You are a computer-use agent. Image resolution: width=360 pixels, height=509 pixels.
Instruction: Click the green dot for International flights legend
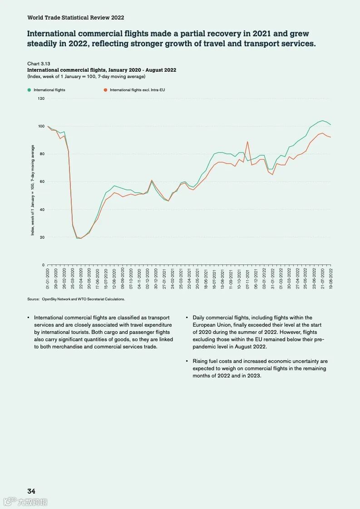[x=29, y=90]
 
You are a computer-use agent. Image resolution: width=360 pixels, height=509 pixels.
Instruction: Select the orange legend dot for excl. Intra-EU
[x=105, y=90]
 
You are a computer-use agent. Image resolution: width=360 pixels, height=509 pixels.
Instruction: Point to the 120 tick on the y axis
[x=41, y=98]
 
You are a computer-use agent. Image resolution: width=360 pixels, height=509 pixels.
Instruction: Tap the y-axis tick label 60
[x=42, y=182]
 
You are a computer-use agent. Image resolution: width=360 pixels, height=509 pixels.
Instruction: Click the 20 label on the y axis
[x=42, y=237]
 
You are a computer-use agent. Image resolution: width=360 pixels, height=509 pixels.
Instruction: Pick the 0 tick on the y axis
[x=43, y=265]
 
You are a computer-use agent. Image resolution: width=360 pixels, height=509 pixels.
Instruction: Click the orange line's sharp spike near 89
[x=247, y=142]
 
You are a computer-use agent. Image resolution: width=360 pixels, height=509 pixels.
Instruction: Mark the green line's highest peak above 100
[x=322, y=121]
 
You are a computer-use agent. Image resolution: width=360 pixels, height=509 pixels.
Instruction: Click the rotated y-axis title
[x=33, y=190]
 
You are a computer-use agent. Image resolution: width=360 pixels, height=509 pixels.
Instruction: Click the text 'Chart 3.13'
[x=39, y=64]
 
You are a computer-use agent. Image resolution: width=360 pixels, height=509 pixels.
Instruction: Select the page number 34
[x=31, y=491]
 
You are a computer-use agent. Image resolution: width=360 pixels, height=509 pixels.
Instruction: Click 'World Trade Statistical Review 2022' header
[x=75, y=18]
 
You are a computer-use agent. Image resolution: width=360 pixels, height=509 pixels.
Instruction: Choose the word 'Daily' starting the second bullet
[x=199, y=318]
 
